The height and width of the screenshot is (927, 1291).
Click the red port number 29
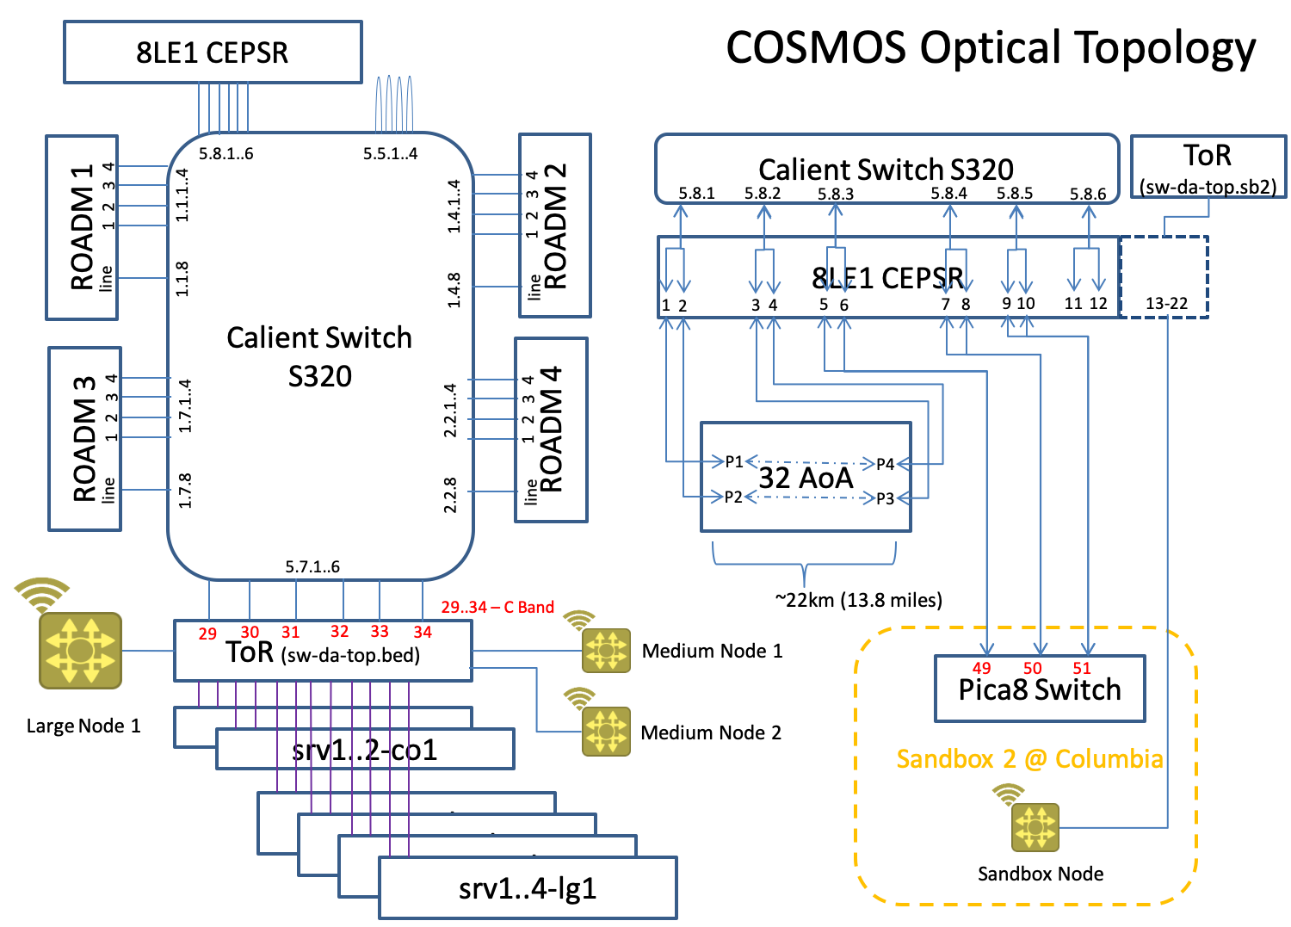point(207,634)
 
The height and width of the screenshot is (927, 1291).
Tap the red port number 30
point(250,633)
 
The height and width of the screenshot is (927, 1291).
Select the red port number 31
point(290,633)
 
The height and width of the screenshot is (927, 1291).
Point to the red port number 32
point(340,632)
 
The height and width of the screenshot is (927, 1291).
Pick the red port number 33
point(380,632)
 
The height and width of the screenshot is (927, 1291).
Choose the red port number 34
point(422,633)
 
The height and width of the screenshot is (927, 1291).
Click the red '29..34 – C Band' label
point(497,608)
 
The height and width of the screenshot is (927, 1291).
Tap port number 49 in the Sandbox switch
point(981,669)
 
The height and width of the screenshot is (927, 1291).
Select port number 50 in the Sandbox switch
point(1032,669)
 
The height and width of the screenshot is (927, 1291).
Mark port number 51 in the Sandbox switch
point(1082,669)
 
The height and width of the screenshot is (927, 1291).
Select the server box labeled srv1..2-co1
point(365,750)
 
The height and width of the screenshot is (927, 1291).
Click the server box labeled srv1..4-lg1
point(527,888)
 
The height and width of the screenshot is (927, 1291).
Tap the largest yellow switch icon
point(80,650)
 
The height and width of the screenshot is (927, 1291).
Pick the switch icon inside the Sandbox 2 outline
point(1035,827)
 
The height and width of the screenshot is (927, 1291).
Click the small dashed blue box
point(1164,277)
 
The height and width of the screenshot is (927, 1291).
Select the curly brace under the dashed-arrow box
point(805,564)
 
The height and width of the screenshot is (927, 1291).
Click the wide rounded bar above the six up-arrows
point(886,169)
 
